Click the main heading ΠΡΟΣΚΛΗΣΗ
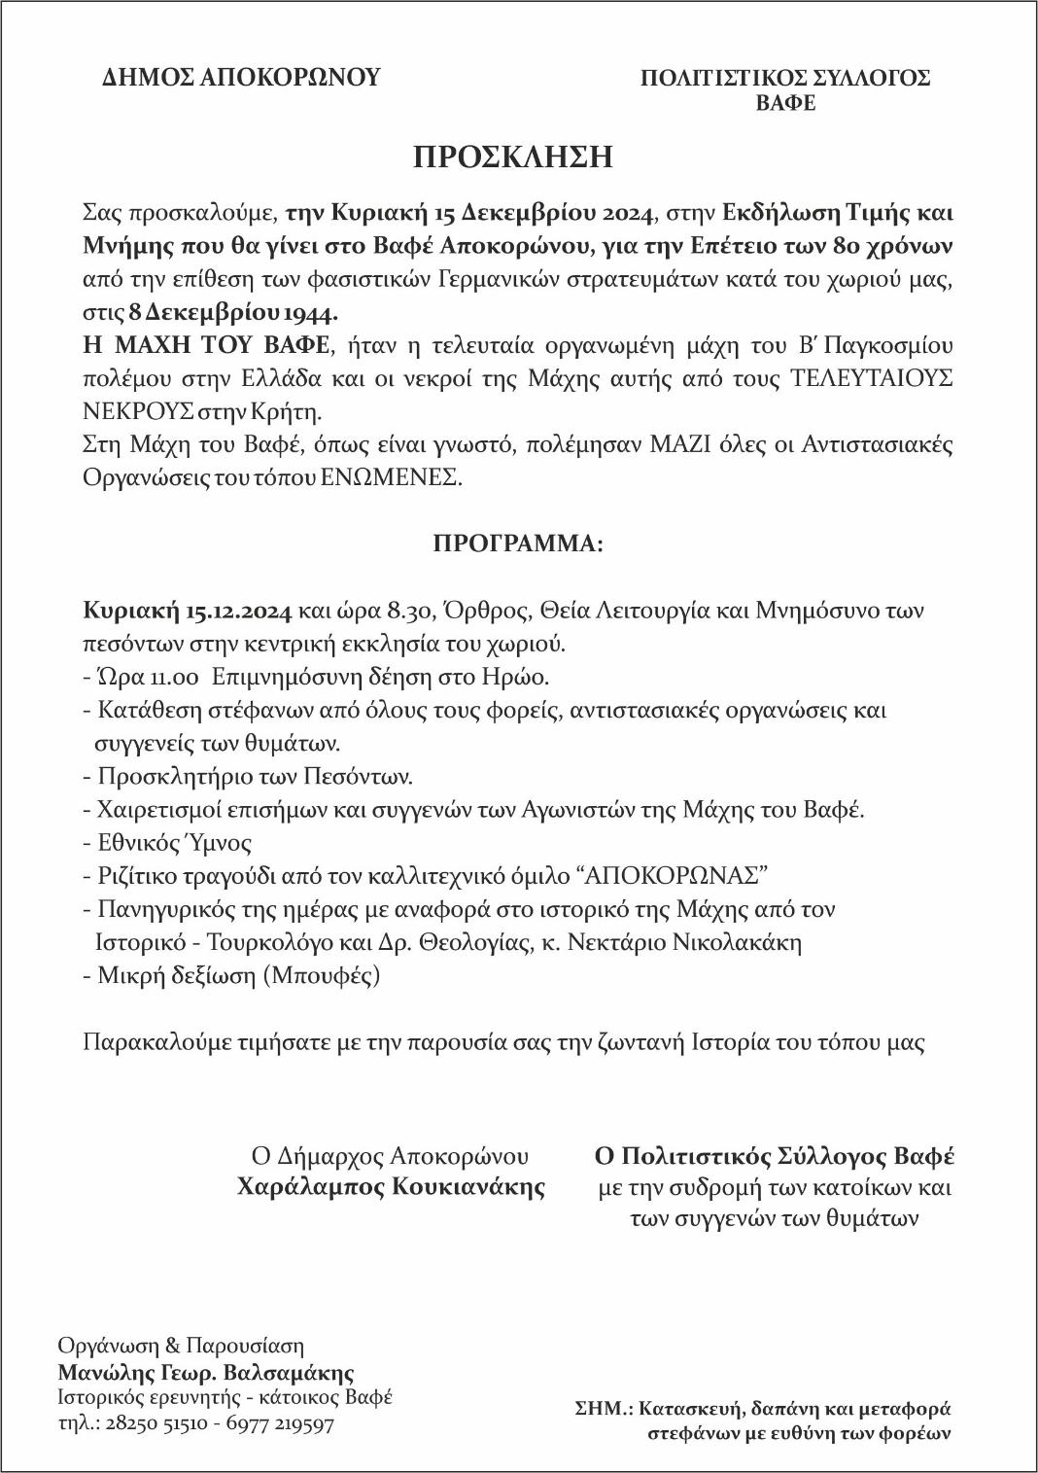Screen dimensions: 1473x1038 pos(512,158)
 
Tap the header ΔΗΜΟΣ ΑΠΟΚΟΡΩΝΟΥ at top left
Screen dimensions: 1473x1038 pos(241,78)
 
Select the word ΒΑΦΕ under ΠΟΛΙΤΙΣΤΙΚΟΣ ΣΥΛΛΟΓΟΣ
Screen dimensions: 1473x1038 pos(785,103)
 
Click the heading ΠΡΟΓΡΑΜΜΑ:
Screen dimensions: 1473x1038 pos(518,544)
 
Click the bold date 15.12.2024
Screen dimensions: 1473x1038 pos(238,611)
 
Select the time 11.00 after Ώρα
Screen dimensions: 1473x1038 pos(172,677)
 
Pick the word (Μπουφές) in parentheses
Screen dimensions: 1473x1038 pos(322,975)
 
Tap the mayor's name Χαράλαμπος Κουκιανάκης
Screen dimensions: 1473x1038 pos(391,1187)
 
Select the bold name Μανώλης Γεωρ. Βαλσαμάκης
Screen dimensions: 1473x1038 pos(205,1373)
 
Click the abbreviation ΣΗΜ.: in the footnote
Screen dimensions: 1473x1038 pos(601,1408)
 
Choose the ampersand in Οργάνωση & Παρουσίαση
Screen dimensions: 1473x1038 pos(173,1347)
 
